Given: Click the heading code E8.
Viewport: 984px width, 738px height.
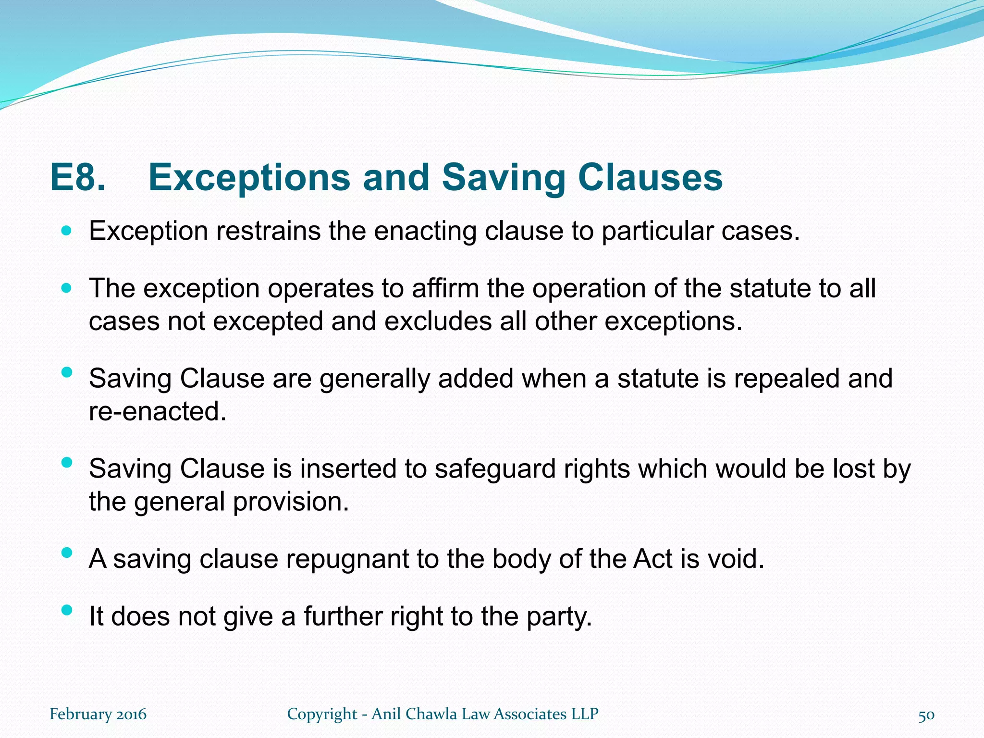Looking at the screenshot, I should (78, 178).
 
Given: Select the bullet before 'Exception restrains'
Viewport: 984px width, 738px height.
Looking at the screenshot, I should (66, 231).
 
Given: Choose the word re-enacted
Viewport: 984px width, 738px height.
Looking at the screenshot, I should (158, 411).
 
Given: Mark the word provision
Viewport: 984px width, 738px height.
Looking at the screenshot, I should (291, 502).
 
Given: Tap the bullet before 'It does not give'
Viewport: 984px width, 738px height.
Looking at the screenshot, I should (67, 610).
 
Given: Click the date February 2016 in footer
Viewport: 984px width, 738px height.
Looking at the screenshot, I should (98, 714).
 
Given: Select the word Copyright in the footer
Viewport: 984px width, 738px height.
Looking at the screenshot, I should (322, 714).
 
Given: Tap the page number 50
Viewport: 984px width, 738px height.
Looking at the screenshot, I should (926, 715).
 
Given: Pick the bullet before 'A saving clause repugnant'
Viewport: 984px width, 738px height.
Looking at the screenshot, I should (67, 553).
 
